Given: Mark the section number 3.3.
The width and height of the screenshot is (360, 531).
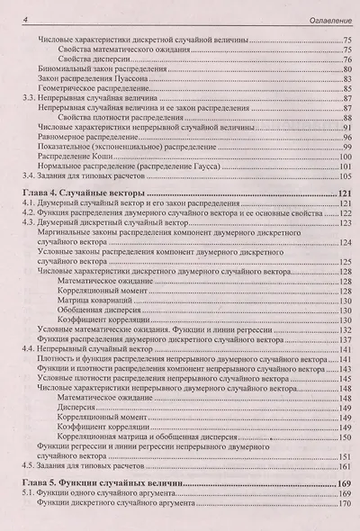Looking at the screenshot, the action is [x=28, y=101].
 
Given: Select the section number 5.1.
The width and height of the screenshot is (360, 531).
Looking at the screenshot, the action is [x=28, y=496].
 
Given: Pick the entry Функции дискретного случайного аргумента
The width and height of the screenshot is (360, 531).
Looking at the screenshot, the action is [x=125, y=507].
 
